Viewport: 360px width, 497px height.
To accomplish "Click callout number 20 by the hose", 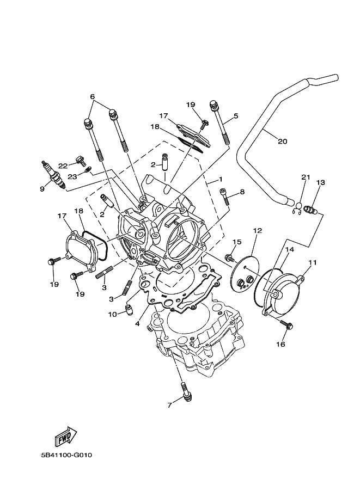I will (282, 141).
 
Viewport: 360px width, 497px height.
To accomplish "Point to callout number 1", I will (221, 179).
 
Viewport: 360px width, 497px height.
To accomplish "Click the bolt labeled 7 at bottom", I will (186, 392).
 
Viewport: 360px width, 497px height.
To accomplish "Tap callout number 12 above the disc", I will (258, 231).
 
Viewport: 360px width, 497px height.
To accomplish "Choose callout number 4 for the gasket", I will (137, 323).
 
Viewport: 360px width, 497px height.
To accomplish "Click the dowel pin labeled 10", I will (129, 310).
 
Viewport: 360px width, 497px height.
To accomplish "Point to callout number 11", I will (312, 262).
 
